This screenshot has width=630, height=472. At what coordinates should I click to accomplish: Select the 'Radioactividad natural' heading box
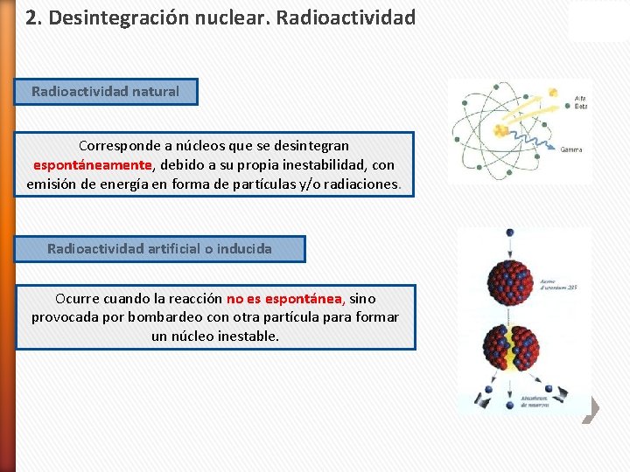click(106, 91)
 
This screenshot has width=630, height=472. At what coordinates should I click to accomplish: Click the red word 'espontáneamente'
click(93, 164)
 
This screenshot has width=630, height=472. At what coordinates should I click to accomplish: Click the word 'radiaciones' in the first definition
click(360, 184)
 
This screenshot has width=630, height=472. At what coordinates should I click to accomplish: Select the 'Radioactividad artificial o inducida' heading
click(159, 249)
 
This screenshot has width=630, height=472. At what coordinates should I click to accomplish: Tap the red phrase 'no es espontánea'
click(284, 298)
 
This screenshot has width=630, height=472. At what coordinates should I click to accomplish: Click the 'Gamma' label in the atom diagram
click(571, 149)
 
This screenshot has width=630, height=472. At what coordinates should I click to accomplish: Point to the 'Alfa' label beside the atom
click(581, 96)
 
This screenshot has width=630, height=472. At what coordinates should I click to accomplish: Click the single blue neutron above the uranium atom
click(509, 233)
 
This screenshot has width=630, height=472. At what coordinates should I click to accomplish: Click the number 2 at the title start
click(31, 17)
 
